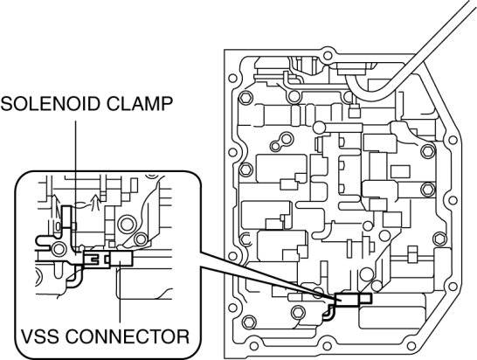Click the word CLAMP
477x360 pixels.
(135, 104)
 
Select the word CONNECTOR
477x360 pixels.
(128, 336)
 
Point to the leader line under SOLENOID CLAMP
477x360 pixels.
(75, 188)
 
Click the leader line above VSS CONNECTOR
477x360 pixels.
(121, 292)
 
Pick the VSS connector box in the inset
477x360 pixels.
(121, 259)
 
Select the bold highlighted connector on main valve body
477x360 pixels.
(353, 299)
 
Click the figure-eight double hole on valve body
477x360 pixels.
(281, 142)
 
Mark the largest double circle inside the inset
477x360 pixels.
(127, 224)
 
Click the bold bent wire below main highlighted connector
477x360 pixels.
(328, 313)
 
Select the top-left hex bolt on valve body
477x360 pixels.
(245, 98)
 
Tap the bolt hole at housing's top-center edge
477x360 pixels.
(327, 56)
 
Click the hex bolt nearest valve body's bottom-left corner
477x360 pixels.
(250, 322)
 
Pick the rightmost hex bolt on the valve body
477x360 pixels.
(440, 239)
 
